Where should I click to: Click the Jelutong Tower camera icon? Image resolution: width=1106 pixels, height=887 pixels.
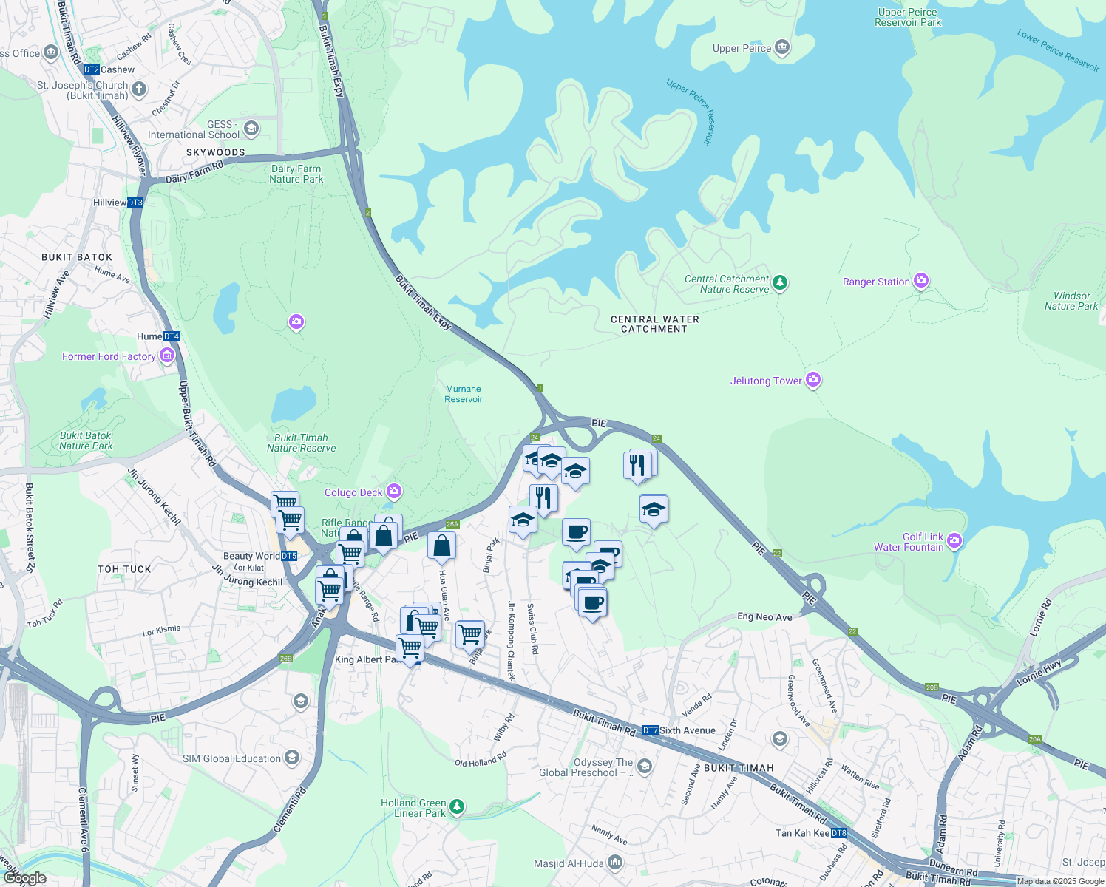coord(813,380)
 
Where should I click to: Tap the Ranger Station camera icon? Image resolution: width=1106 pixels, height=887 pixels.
coord(920,281)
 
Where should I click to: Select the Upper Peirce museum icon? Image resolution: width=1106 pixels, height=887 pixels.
coord(782,49)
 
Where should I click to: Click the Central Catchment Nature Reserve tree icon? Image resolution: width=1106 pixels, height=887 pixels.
coord(780,283)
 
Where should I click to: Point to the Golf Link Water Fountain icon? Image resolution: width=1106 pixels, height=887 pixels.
coord(954,541)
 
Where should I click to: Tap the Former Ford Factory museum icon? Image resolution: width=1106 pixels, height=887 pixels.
coord(166,356)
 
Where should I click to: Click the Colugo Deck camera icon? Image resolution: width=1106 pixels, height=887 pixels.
coord(394,492)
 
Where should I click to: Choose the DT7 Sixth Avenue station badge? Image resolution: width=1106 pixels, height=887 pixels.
coord(650,730)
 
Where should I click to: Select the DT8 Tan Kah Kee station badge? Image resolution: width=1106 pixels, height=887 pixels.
coord(839,833)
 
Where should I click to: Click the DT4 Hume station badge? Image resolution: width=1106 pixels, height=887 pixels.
coord(172,336)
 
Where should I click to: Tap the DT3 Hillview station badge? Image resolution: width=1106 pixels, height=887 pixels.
coord(135,203)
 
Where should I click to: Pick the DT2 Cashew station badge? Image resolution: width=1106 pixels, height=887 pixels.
coord(91,69)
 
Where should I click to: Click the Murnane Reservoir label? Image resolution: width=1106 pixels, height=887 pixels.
coord(464,394)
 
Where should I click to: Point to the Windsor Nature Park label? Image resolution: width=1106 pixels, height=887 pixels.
coord(1071,301)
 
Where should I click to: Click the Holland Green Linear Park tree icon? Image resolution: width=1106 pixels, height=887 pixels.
coord(457,806)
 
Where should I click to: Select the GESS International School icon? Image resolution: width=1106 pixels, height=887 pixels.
coord(251,129)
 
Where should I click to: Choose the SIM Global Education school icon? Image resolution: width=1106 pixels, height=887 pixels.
coord(292,758)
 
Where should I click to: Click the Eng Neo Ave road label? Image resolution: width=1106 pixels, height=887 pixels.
coord(764,617)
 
